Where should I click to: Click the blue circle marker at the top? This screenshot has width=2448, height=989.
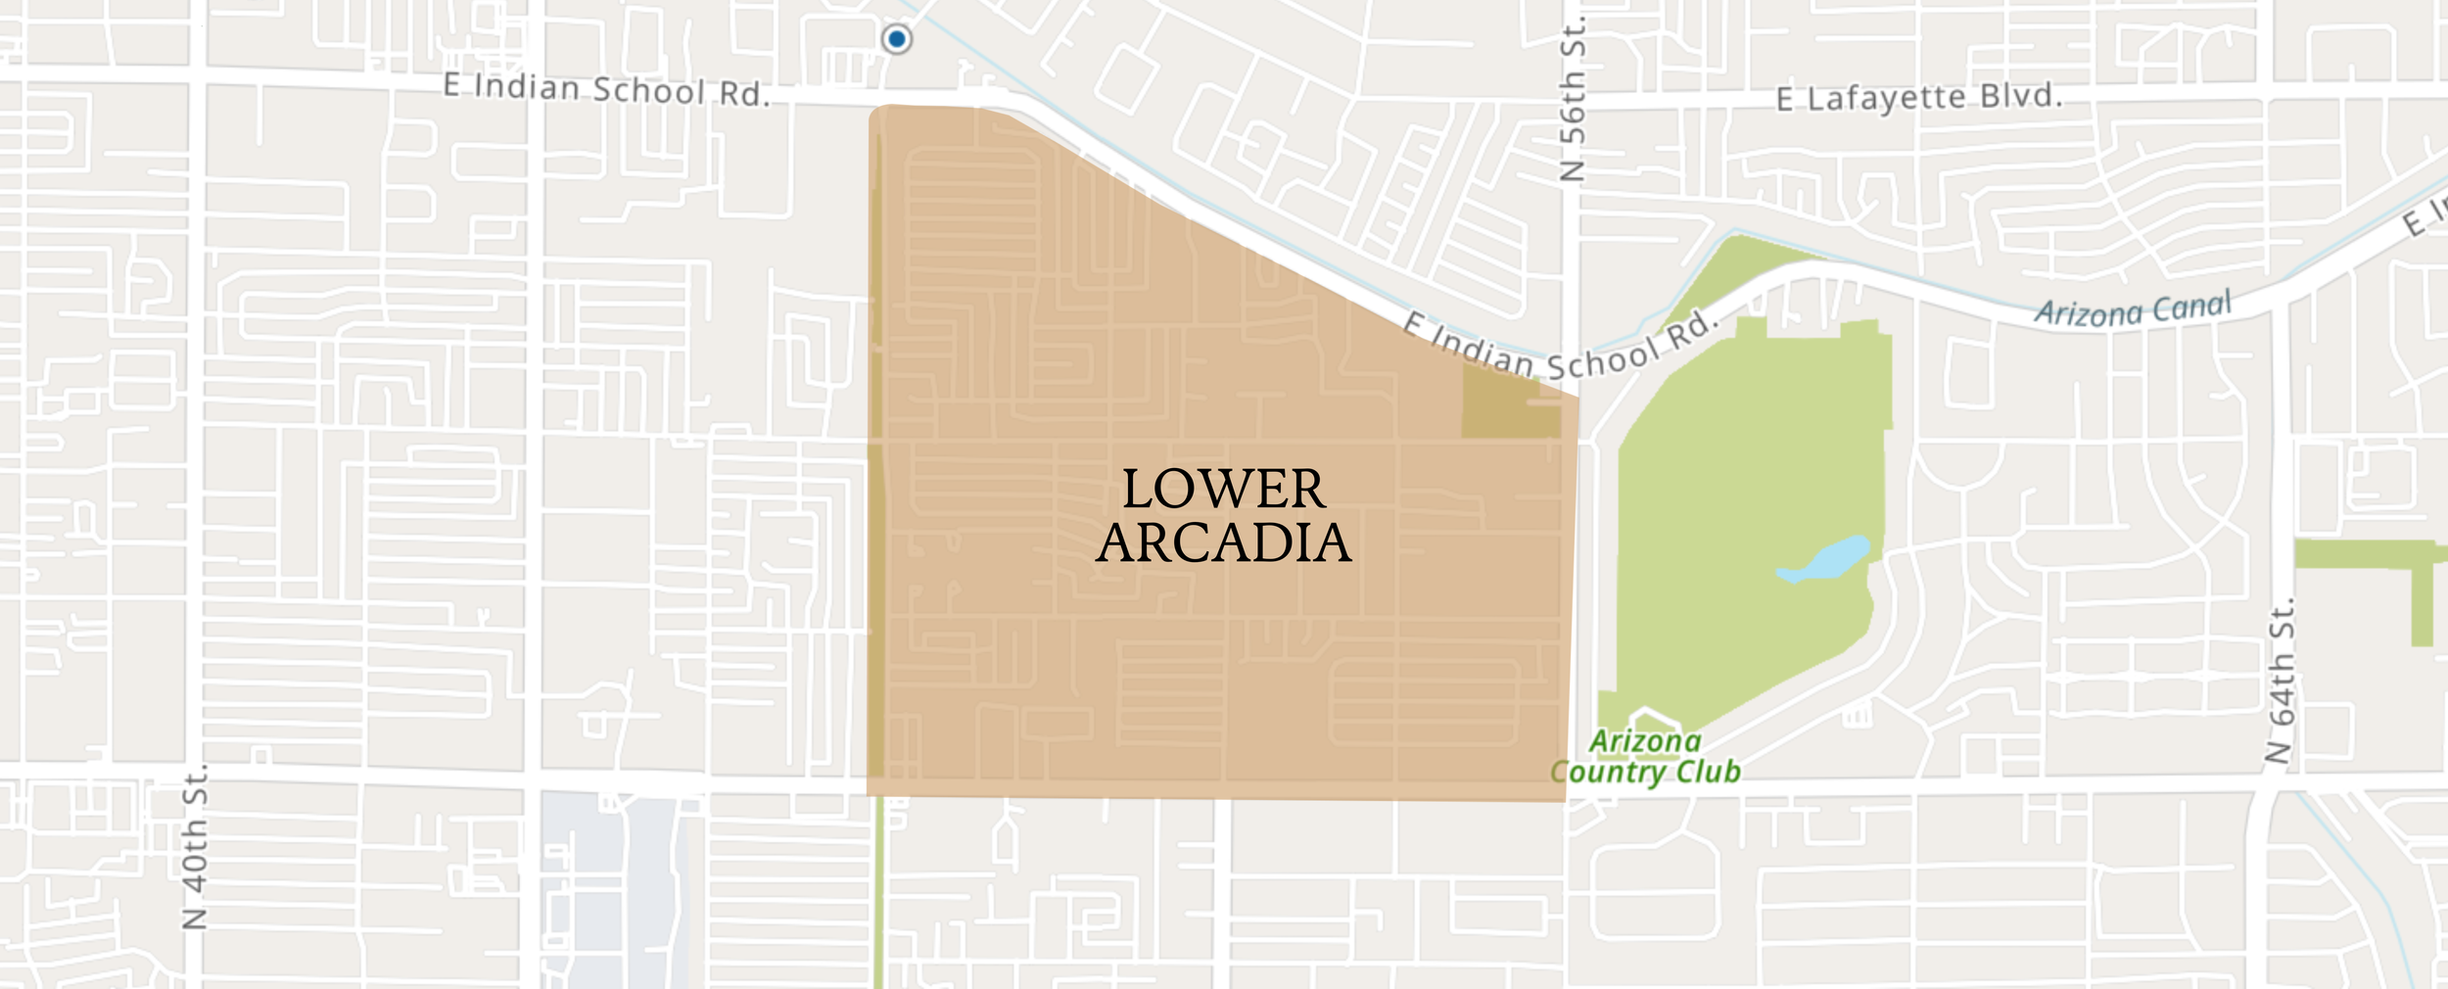coord(896,39)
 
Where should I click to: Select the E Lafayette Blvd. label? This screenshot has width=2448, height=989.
coord(1919,97)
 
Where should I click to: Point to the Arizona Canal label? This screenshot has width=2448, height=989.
coord(2133,309)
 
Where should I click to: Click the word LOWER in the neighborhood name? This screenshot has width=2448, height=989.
coord(1224,490)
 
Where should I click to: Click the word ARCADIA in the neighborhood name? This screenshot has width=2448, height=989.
coord(1224,543)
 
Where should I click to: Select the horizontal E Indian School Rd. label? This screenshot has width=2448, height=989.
coord(606,89)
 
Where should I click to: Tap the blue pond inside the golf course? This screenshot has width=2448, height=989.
coord(1826,560)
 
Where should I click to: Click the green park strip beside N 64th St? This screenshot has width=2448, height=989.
coord(2370,555)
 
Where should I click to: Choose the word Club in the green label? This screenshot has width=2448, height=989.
coord(1708,772)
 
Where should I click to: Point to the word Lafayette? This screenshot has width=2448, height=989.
coord(1886,97)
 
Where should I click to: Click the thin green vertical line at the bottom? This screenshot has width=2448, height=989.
coord(878,891)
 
